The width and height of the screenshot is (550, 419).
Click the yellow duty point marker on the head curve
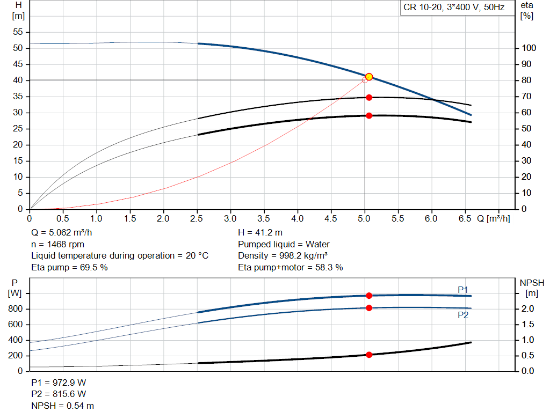click(368, 77)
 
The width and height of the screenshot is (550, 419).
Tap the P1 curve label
click(463, 290)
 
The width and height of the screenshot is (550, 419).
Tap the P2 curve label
click(463, 315)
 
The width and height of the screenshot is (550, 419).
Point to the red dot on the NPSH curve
click(369, 355)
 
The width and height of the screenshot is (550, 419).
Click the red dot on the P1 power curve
click(369, 296)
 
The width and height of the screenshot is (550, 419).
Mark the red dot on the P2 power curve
click(369, 308)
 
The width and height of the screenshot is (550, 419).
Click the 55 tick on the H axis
click(18, 32)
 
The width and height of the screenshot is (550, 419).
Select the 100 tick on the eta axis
click(529, 48)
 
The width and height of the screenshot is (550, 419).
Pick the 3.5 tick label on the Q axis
click(263, 218)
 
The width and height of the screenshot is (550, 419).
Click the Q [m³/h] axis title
click(493, 218)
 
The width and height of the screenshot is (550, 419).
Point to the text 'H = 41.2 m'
click(260, 233)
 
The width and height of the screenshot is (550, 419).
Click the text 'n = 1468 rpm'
click(58, 244)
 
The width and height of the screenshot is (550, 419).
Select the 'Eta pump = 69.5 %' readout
click(69, 267)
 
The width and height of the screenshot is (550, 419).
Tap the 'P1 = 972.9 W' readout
click(59, 383)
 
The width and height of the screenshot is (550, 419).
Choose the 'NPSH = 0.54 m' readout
click(62, 406)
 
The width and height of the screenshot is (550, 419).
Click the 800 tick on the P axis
click(16, 308)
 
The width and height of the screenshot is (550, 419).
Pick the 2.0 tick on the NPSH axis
click(527, 308)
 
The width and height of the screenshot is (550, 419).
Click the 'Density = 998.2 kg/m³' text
click(283, 255)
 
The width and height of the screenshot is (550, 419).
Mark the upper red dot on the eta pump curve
click(369, 98)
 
